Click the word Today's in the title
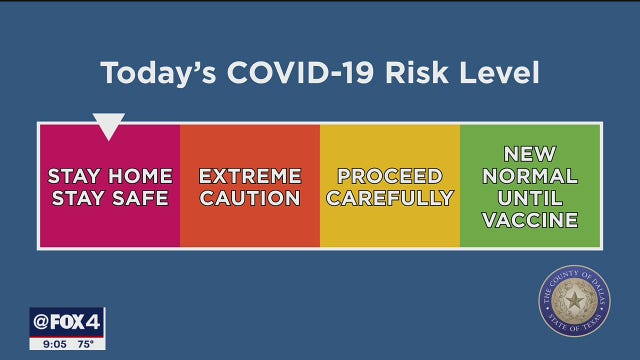coord(155,73)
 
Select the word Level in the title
coord(497,73)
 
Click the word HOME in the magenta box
coord(141,176)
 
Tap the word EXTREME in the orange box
coord(250,176)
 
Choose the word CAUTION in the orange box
coord(250,198)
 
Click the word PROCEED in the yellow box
coord(390,176)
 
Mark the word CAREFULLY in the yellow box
coord(390,198)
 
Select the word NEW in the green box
coord(530,154)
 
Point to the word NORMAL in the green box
coord(530,176)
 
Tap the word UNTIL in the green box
coord(530,198)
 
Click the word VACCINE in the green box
coord(530,220)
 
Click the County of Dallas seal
coord(574,300)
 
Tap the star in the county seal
coord(574,300)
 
